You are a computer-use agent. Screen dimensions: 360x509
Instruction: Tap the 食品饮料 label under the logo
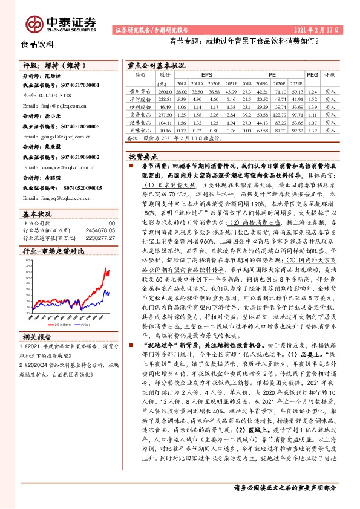38,44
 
